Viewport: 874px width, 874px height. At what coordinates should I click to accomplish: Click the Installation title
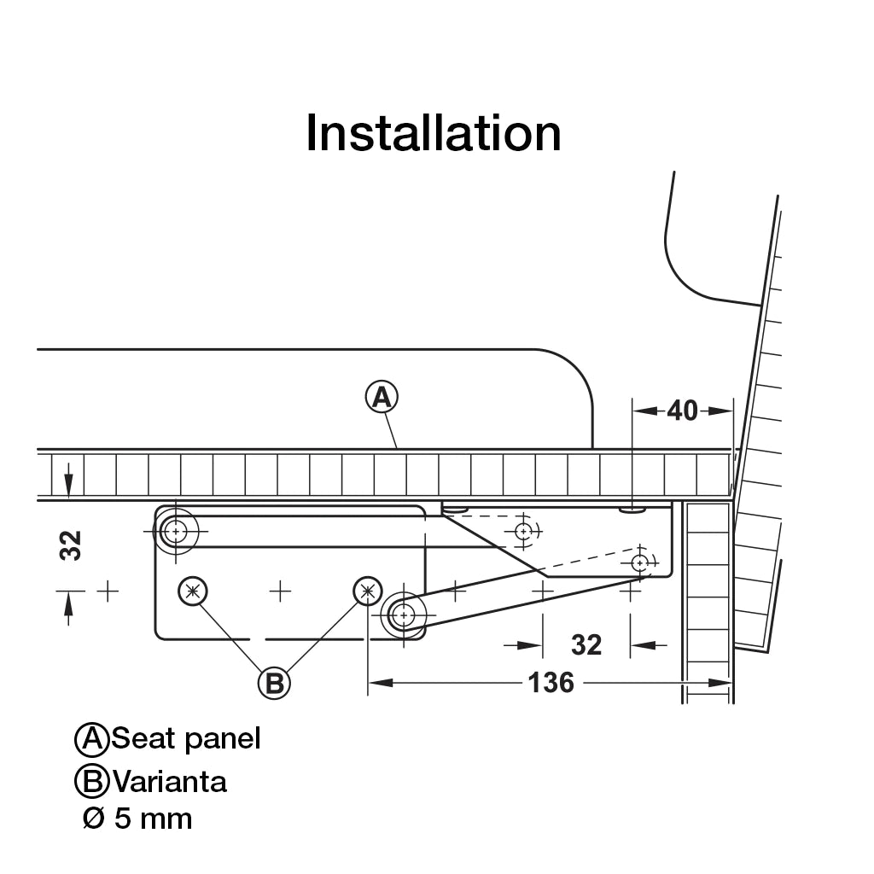point(433,133)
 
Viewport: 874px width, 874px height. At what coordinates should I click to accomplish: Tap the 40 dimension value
point(682,411)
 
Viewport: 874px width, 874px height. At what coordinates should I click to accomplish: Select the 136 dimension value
point(551,683)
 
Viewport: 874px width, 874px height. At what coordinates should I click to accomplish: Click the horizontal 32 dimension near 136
point(586,645)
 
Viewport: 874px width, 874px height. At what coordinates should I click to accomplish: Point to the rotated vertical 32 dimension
point(71,545)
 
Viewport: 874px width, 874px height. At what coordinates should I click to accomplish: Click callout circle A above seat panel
point(382,397)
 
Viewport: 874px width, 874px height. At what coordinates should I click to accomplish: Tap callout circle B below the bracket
point(274,683)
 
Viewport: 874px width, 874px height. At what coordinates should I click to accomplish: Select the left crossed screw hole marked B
point(193,591)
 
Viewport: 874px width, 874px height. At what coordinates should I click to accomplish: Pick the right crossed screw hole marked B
point(368,591)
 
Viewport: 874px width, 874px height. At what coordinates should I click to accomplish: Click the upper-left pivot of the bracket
point(176,532)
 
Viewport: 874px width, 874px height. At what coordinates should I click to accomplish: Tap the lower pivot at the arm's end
point(403,615)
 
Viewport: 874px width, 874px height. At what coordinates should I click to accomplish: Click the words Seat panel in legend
point(185,738)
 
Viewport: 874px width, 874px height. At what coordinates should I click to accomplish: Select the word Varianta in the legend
point(170,782)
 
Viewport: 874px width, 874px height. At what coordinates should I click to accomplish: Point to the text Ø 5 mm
point(137,819)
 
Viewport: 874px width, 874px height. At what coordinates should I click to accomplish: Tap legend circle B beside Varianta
point(91,782)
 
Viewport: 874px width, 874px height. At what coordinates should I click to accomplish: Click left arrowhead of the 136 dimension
point(380,683)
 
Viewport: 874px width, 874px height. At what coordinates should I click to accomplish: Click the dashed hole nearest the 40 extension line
point(640,563)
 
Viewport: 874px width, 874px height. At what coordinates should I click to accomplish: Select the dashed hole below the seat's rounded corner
point(523,532)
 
